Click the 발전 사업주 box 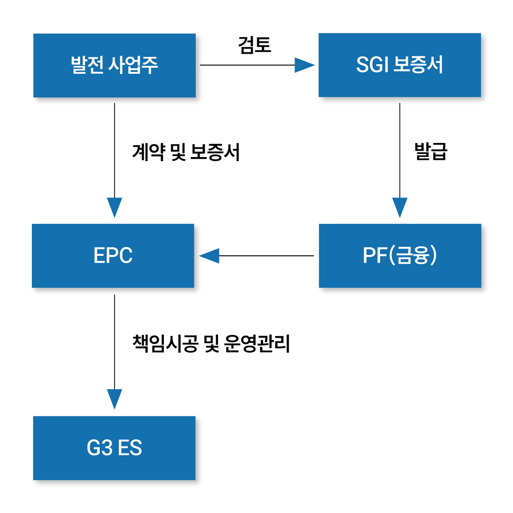114,65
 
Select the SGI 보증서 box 400,65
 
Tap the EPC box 113,255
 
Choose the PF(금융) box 400,255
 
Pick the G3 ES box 114,448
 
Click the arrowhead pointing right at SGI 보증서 304,65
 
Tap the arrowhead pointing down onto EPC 114,207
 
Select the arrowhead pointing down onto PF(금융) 400,207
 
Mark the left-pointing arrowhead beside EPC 209,256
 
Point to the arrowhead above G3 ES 114,399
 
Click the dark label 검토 255,45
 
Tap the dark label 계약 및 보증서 186,152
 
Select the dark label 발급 431,151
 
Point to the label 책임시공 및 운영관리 212,344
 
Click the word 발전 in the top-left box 86,65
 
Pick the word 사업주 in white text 133,65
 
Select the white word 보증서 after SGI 418,65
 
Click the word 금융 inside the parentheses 413,255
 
